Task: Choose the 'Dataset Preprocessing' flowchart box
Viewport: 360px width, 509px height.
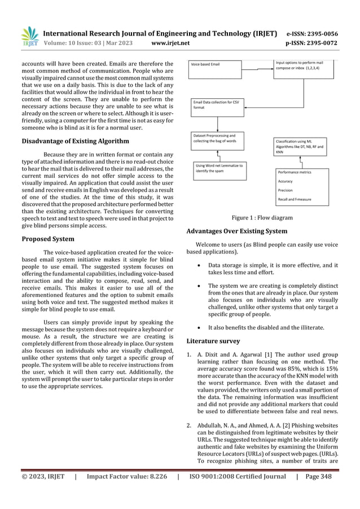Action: [x=217, y=139]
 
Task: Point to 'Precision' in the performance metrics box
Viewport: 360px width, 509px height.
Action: [x=287, y=190]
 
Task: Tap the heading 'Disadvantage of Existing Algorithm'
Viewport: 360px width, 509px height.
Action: [x=76, y=141]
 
